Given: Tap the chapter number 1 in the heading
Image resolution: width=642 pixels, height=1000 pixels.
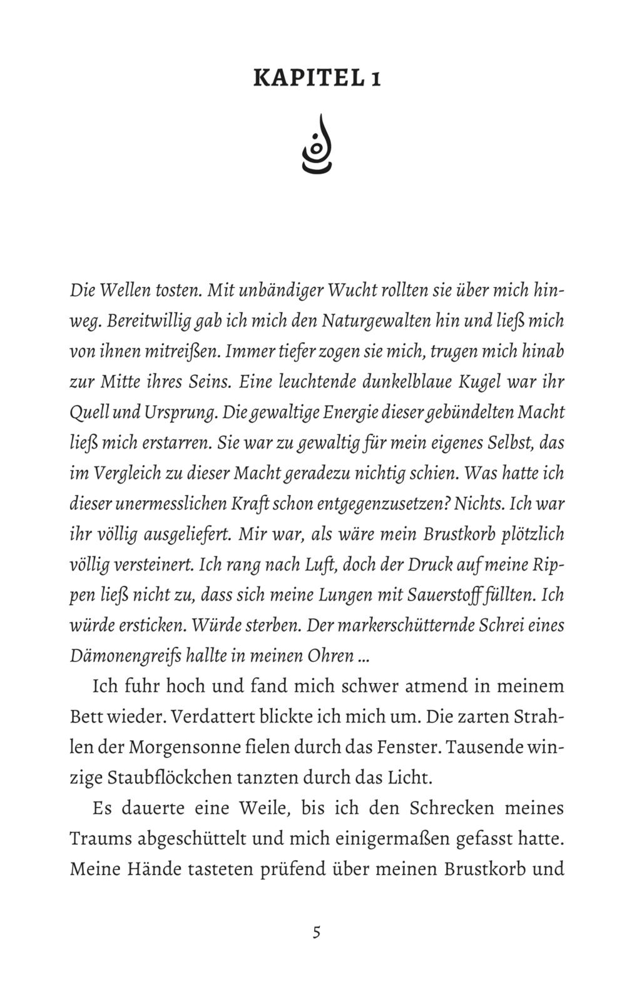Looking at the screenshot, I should (x=375, y=79).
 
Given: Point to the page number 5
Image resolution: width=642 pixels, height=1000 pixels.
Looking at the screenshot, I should (x=317, y=932).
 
